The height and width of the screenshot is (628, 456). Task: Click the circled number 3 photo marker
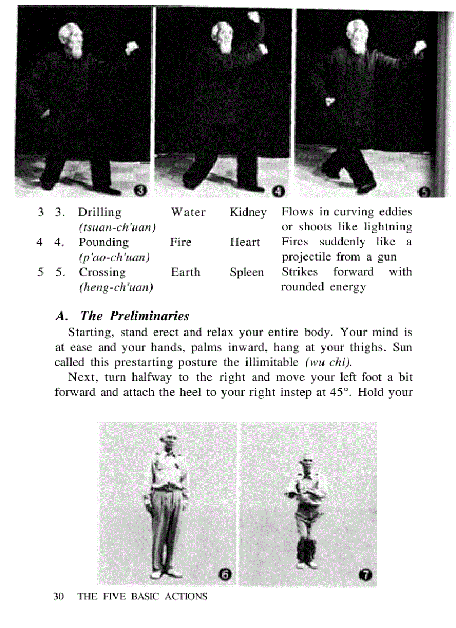[141, 192]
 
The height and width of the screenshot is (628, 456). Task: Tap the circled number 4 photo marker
[279, 192]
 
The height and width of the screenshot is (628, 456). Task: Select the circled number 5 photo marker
[424, 192]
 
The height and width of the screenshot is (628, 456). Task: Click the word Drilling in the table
[99, 213]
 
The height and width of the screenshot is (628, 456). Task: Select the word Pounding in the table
[103, 243]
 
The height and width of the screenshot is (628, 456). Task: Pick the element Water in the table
[188, 213]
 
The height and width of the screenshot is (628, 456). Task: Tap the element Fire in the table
[180, 243]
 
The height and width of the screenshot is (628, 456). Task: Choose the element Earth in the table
[186, 272]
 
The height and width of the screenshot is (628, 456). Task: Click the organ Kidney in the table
[248, 213]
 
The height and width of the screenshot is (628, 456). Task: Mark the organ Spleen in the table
[246, 272]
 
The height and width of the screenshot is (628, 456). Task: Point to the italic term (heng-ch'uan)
[116, 287]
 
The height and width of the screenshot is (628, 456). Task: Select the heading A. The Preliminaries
[123, 316]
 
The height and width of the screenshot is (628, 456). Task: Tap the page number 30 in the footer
[58, 597]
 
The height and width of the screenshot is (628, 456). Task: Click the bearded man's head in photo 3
[71, 39]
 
